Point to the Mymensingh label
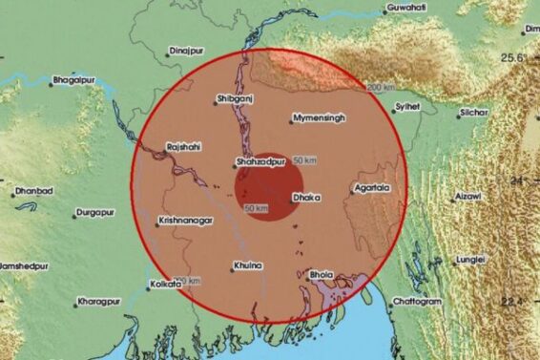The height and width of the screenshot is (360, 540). coord(320,118)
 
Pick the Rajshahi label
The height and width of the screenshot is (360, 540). coord(184,147)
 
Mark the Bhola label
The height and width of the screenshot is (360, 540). coord(322,275)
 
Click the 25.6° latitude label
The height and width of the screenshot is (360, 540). coord(517,59)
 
